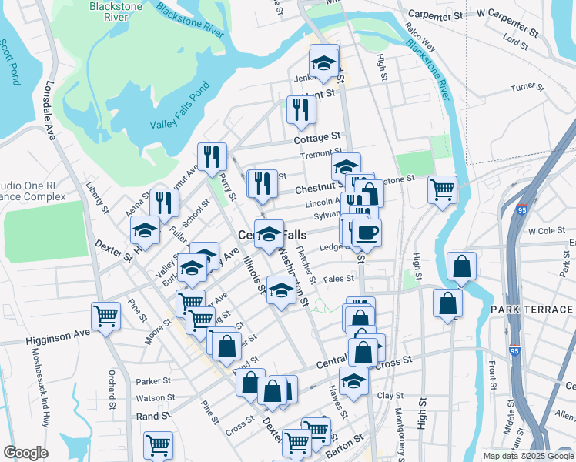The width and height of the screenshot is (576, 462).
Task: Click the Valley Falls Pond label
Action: coord(179,114)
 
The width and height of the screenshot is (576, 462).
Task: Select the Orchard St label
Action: coord(112,390)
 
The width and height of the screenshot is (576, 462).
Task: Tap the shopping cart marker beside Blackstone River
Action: coord(442,188)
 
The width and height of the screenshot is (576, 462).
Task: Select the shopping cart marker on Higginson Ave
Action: coord(105,314)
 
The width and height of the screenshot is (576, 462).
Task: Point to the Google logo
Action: coord(25,453)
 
